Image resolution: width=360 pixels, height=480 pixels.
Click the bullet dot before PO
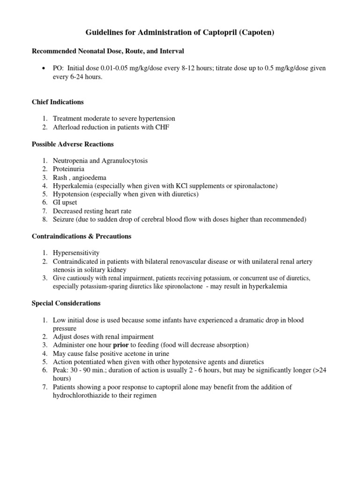[43, 68]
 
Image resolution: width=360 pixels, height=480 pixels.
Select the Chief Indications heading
[58, 102]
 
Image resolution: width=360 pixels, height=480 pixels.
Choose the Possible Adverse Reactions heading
[72, 144]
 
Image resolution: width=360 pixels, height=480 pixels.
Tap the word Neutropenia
[72, 161]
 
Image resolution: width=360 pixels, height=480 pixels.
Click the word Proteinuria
[68, 169]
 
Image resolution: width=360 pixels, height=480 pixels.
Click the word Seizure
[64, 219]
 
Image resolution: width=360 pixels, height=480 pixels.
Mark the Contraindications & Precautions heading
[82, 236]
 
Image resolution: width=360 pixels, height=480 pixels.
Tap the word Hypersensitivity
[76, 253]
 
